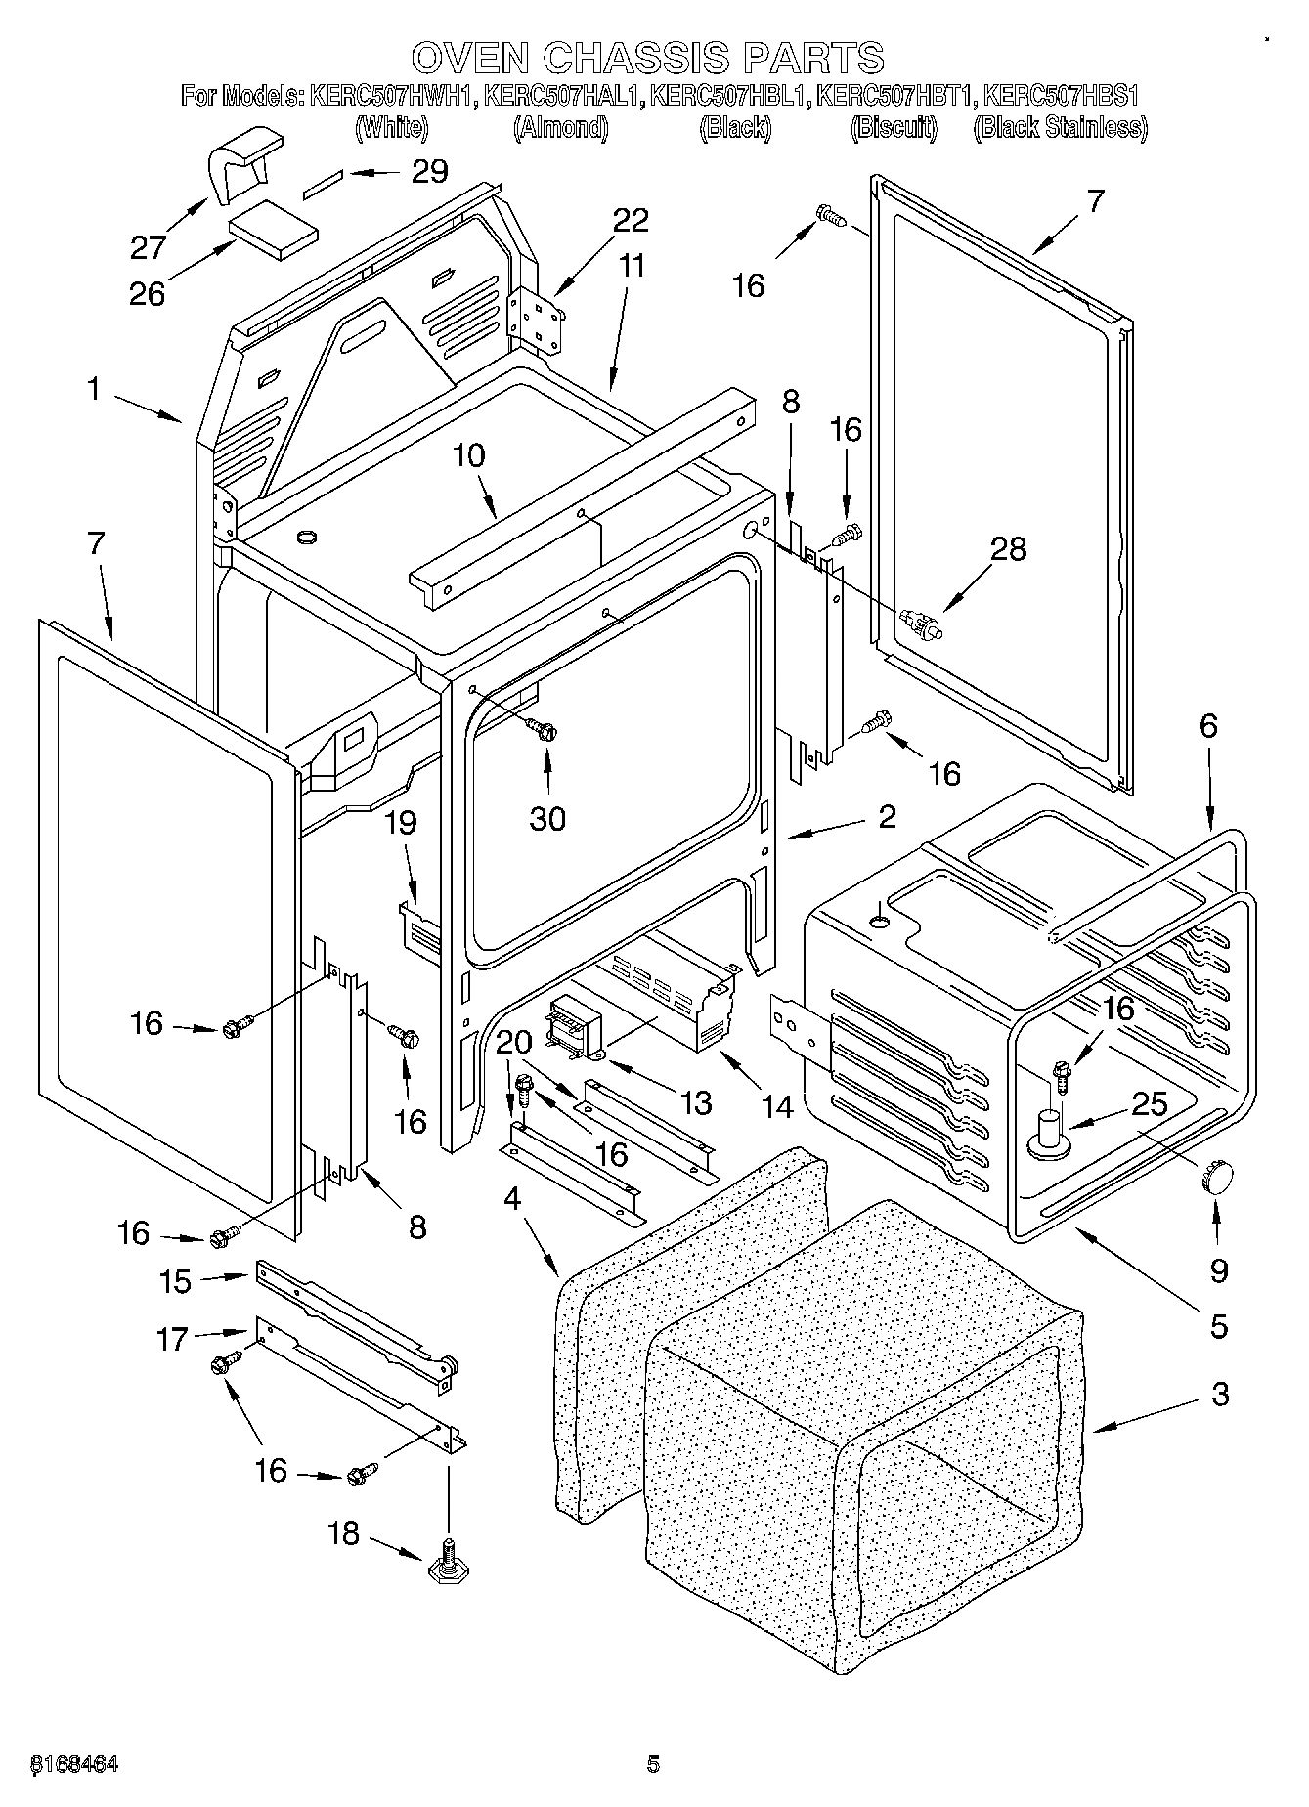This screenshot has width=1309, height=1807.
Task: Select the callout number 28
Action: coord(1008,549)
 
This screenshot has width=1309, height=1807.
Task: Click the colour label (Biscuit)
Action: coord(894,128)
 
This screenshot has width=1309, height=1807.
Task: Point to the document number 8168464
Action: coord(75,1765)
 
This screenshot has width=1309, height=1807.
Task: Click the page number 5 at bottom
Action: coord(653,1765)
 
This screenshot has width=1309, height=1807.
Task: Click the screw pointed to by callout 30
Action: coord(543,729)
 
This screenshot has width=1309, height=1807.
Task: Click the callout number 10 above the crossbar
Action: coord(469,456)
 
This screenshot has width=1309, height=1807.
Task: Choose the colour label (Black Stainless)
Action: coord(1060,128)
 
